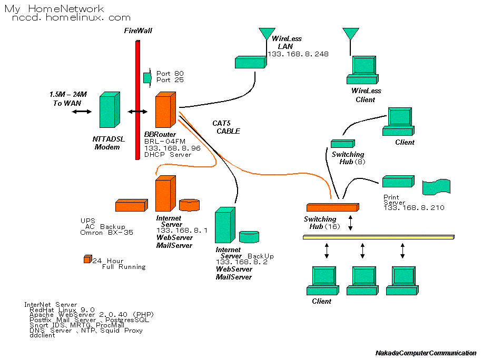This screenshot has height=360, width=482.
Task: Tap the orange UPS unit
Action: (131, 205)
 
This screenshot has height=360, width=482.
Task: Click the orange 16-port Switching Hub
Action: (331, 207)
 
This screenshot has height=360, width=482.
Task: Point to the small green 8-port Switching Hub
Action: (342, 143)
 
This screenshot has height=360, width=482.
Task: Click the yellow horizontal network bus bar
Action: (378, 237)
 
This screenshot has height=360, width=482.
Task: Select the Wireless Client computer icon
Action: (363, 71)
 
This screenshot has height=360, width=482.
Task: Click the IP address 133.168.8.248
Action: (298, 54)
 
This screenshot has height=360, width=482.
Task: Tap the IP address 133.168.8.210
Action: (414, 208)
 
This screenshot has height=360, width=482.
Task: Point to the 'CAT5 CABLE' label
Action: (226, 127)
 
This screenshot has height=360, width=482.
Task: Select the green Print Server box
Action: (398, 182)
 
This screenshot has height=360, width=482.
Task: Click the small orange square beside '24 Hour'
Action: (87, 259)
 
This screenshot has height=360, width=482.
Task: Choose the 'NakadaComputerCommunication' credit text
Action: (426, 353)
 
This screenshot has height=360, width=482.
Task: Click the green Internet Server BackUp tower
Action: (224, 225)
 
